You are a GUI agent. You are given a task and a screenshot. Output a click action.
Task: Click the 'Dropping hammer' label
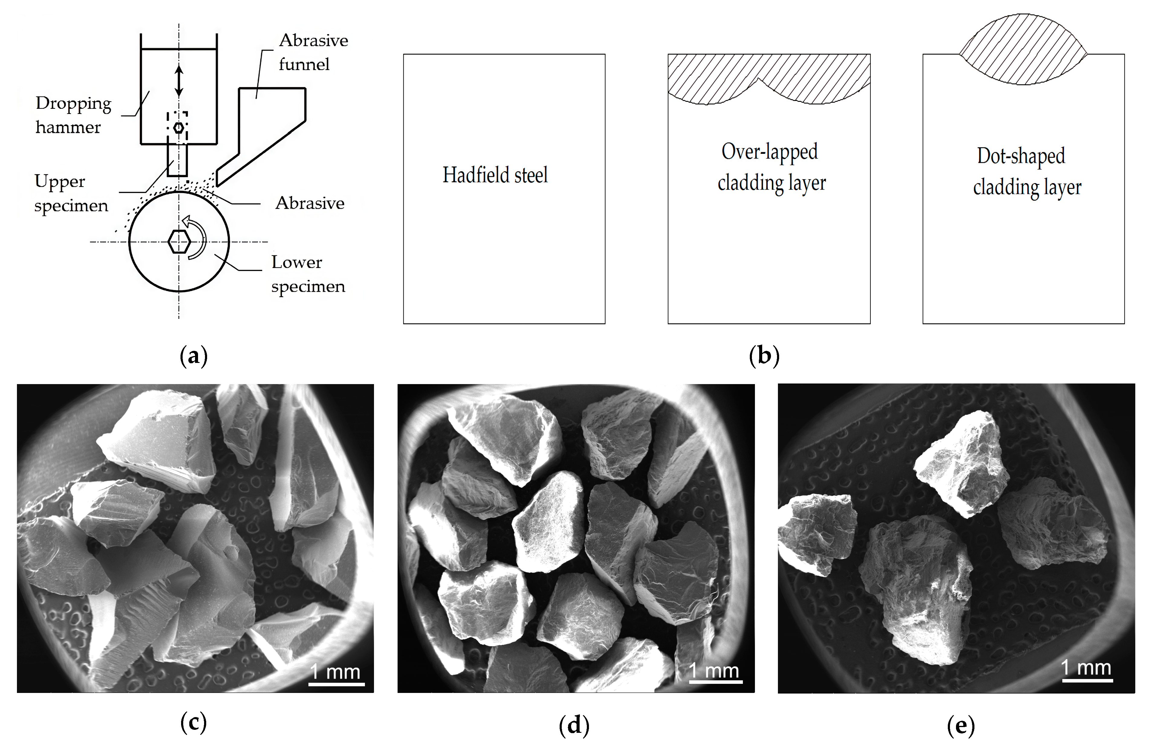(x=73, y=115)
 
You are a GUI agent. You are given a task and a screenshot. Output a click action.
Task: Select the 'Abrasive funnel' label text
(x=313, y=52)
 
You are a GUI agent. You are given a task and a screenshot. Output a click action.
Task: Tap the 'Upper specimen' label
(x=70, y=193)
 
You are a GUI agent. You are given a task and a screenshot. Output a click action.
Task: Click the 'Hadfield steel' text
(x=495, y=175)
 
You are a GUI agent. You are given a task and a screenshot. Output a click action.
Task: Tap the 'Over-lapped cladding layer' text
(x=771, y=167)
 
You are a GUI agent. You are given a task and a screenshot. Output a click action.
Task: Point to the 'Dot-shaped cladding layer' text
(x=1026, y=172)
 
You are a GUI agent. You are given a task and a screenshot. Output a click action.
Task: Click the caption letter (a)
(x=194, y=357)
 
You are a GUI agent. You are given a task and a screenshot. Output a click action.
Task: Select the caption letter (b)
(x=764, y=357)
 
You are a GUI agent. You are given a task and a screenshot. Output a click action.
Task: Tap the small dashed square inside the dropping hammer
(x=177, y=127)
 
